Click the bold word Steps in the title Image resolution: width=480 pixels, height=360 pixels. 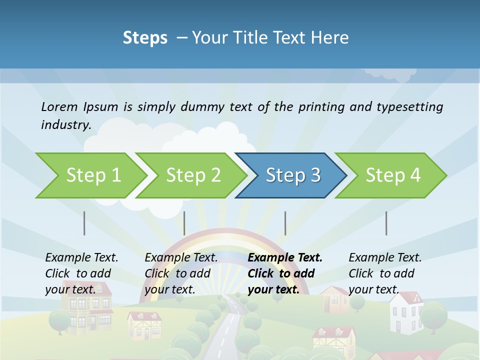tap(145, 37)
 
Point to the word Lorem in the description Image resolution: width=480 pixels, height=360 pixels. tap(59, 106)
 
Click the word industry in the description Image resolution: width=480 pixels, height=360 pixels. tap(66, 124)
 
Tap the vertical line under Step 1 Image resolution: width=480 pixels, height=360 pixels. tap(84, 223)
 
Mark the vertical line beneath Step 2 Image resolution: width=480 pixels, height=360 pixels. tap(184, 223)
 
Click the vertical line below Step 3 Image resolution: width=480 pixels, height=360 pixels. tap(285, 223)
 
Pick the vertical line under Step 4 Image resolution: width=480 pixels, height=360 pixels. tap(386, 223)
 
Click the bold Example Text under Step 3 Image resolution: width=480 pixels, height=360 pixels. tap(285, 258)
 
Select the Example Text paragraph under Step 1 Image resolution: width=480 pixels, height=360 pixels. tap(81, 273)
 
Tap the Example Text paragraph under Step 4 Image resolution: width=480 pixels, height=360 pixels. tap(385, 273)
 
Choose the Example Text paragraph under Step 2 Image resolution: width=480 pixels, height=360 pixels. tap(181, 273)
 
